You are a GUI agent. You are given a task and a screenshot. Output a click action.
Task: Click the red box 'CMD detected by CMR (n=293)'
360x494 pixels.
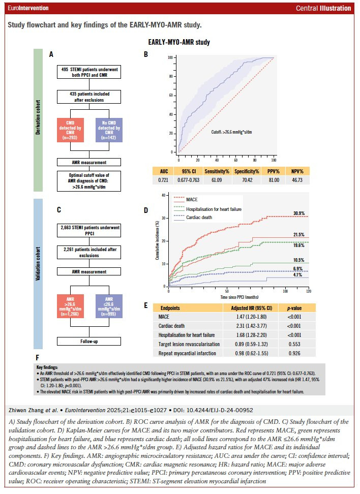(x=70, y=130)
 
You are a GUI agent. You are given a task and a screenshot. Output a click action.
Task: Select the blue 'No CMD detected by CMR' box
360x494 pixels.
(x=109, y=130)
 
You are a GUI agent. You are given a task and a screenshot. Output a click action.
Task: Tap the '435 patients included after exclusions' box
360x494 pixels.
(x=89, y=97)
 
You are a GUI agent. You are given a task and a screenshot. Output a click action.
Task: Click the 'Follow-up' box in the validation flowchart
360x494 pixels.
(x=89, y=341)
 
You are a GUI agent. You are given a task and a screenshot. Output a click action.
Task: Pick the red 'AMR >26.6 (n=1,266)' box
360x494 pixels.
(x=70, y=306)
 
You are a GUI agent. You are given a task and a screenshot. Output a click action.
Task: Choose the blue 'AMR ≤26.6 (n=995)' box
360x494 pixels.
(x=109, y=306)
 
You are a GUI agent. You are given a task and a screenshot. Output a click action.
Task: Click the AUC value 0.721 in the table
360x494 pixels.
(x=163, y=180)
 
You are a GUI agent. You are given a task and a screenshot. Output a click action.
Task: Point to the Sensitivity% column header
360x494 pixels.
(x=217, y=171)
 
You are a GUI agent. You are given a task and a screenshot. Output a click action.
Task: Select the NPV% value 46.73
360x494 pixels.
(x=297, y=180)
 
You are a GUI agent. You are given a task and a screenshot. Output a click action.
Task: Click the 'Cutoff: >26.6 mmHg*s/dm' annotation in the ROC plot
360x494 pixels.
(x=231, y=132)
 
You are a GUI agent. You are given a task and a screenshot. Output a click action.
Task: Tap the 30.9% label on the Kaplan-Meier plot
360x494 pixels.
(x=299, y=213)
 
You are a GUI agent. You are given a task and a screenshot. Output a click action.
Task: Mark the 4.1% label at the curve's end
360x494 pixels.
(x=297, y=275)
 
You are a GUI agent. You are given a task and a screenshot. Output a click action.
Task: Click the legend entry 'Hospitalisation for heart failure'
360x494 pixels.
(x=214, y=209)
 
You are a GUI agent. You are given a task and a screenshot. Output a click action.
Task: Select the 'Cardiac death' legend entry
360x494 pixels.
(x=199, y=218)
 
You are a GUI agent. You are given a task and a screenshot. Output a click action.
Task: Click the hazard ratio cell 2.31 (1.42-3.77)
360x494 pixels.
(x=251, y=326)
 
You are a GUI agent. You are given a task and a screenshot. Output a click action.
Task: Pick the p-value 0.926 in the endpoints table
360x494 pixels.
(x=294, y=353)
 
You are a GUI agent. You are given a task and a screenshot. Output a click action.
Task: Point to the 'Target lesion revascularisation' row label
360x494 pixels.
(x=189, y=344)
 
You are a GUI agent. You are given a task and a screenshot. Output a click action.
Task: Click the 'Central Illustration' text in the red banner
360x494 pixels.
(x=323, y=8)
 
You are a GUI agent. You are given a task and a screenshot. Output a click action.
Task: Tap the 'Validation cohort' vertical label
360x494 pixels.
(x=38, y=264)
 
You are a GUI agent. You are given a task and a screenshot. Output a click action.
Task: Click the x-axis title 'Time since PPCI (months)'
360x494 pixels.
(x=239, y=297)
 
